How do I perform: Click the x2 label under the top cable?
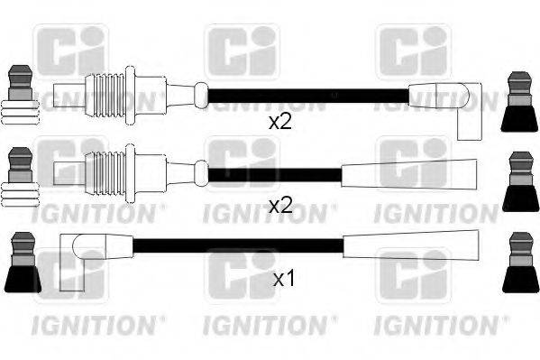[x=280, y=122]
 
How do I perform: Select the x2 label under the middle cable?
[x=281, y=206]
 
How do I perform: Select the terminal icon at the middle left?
[x=19, y=176]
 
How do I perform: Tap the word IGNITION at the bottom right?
[x=433, y=322]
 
